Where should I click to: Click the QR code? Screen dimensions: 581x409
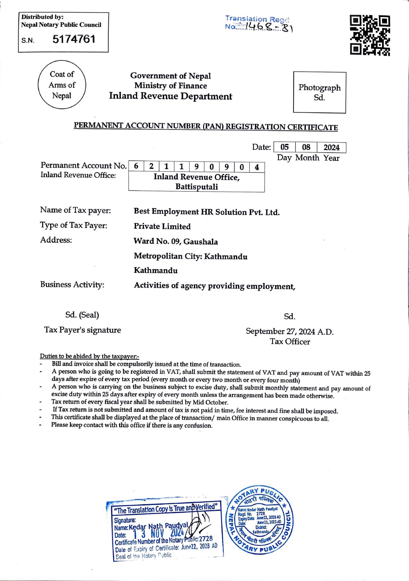click(370, 35)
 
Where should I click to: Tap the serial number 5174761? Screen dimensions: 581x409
click(74, 39)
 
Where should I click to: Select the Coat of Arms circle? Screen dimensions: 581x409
click(62, 85)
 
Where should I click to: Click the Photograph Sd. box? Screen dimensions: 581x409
click(319, 92)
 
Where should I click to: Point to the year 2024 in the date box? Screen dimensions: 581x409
click(331, 148)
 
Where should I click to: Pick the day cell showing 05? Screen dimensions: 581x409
click(284, 147)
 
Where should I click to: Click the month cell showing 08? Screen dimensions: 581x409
click(306, 147)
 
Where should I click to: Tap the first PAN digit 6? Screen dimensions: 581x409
click(136, 167)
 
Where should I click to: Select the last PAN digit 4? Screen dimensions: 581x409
click(257, 167)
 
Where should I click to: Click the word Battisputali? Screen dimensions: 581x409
click(196, 187)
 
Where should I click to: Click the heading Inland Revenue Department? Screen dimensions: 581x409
click(171, 96)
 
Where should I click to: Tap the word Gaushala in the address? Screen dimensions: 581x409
click(201, 242)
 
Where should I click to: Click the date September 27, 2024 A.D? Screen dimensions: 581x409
click(290, 331)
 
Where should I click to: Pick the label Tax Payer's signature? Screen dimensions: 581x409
click(83, 330)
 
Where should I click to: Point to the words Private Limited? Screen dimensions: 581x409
click(162, 226)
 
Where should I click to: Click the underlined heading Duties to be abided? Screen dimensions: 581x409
click(89, 356)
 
